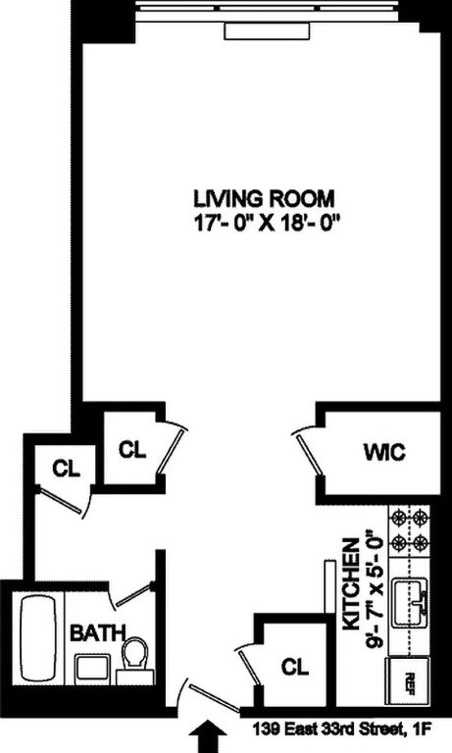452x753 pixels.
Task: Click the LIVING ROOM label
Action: click(264, 199)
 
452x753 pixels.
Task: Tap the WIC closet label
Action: click(384, 452)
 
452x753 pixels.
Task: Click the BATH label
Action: click(97, 633)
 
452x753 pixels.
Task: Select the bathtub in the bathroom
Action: click(38, 637)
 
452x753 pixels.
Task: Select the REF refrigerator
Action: click(410, 678)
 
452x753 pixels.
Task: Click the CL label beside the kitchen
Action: click(295, 667)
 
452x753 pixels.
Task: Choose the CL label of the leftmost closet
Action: click(67, 468)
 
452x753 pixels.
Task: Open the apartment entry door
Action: click(212, 696)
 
